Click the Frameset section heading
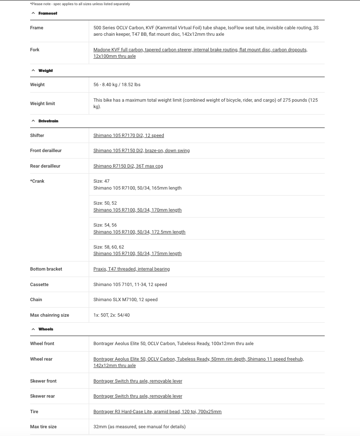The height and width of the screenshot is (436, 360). [47, 13]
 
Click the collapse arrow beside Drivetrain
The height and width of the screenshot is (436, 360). [33, 121]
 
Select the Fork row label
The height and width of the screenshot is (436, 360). [34, 50]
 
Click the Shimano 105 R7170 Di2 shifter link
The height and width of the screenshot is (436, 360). [128, 136]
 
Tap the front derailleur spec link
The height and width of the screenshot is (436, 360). [141, 151]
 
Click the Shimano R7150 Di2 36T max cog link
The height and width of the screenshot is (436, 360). [128, 166]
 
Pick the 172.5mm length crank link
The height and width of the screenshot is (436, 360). [139, 232]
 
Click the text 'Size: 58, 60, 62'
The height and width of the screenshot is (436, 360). [109, 247]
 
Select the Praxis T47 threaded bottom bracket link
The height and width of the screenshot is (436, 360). [131, 269]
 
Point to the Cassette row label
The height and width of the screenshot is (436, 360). [39, 285]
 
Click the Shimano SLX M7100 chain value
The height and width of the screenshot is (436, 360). [125, 300]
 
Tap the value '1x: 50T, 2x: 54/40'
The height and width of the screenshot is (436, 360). [112, 315]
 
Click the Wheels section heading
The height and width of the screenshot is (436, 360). [46, 329]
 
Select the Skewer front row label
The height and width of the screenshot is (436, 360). [43, 381]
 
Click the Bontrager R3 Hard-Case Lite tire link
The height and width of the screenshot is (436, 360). [157, 412]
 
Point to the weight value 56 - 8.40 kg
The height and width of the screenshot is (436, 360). [117, 85]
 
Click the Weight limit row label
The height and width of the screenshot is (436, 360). [42, 104]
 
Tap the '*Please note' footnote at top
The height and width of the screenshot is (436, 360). [80, 4]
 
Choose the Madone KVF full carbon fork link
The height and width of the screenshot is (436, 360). [200, 50]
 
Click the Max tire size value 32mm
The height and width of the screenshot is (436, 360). [139, 427]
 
